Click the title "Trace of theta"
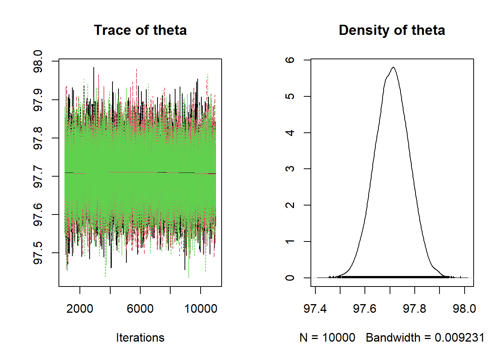[x=140, y=30]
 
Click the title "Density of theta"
[x=391, y=30]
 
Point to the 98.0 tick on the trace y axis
[x=38, y=61]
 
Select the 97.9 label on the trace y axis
[x=38, y=100]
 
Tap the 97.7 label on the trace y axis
[x=38, y=176]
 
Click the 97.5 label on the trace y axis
[x=38, y=253]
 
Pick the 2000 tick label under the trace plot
[x=79, y=309]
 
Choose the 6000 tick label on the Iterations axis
[x=140, y=309]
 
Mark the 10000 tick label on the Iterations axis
[x=201, y=309]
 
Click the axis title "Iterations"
[x=140, y=337]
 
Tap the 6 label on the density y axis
[x=290, y=60]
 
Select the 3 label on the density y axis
[x=290, y=169]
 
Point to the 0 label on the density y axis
[x=290, y=278]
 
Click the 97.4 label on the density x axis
[x=315, y=309]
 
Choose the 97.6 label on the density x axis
[x=364, y=309]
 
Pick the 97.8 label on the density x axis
[x=414, y=309]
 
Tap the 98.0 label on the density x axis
[x=464, y=309]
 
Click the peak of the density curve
[x=393, y=67]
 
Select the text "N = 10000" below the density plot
[x=327, y=337]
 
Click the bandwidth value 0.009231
[x=459, y=337]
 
